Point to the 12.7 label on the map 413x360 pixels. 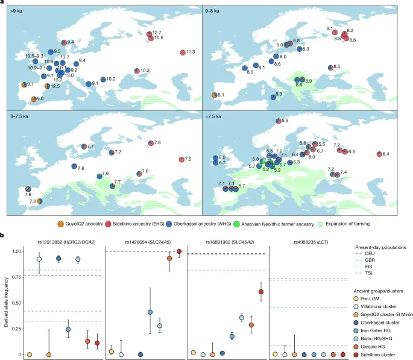click(x=156, y=32)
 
